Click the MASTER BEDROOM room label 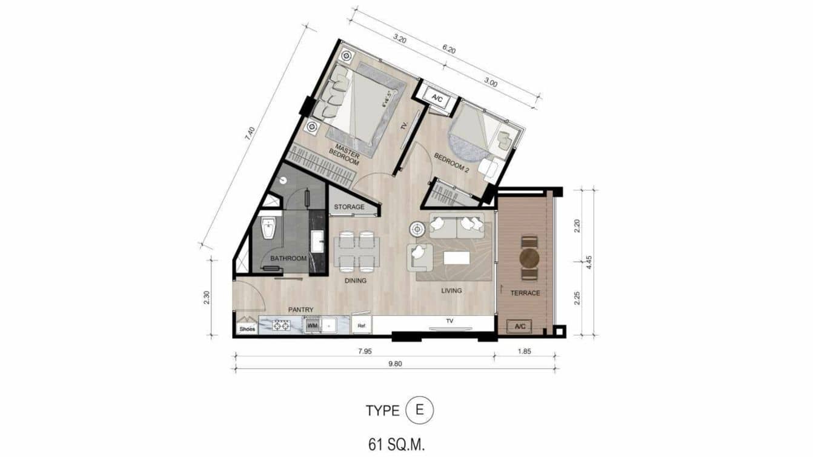click(x=345, y=157)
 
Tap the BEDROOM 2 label click(x=452, y=163)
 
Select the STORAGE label click(x=350, y=207)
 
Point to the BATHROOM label click(x=288, y=258)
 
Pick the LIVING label click(x=451, y=290)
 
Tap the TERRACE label click(x=525, y=293)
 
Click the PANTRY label click(x=300, y=310)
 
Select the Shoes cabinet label click(x=247, y=329)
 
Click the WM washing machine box click(x=312, y=325)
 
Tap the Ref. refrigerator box click(x=362, y=325)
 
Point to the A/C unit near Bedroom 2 click(x=436, y=96)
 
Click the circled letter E click(x=419, y=410)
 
